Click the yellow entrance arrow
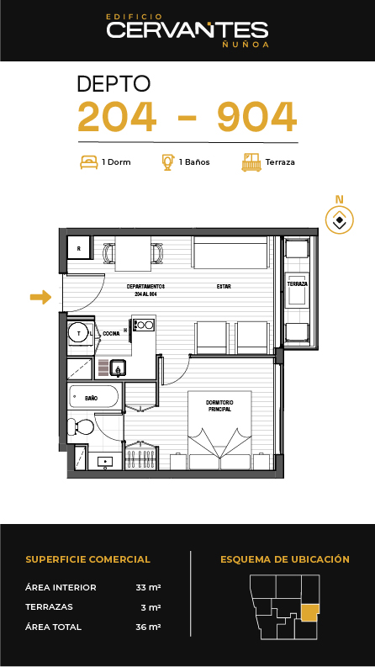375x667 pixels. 41,297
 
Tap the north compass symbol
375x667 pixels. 340,220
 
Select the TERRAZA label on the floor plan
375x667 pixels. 297,283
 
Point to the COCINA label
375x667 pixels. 111,334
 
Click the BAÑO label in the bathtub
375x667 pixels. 91,398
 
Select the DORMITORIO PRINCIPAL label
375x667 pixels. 219,405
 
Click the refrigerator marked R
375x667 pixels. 79,247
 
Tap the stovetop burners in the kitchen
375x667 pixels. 144,325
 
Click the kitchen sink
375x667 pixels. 118,368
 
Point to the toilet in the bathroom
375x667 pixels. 81,426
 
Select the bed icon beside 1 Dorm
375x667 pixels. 89,162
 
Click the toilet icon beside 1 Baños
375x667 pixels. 168,162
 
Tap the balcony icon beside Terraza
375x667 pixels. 251,162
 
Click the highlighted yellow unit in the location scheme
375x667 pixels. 309,613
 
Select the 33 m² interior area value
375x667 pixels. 148,587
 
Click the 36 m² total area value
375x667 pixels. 148,627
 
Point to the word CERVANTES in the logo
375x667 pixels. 187,29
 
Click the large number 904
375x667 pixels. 256,117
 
